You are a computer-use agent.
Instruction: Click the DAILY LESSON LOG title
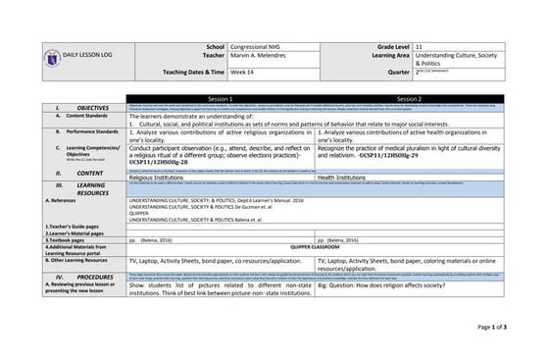point(75,58)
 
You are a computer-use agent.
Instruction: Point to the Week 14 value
point(244,73)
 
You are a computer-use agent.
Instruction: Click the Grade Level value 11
point(421,46)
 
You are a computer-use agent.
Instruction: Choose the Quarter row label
point(398,73)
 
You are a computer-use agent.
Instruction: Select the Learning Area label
point(387,57)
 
